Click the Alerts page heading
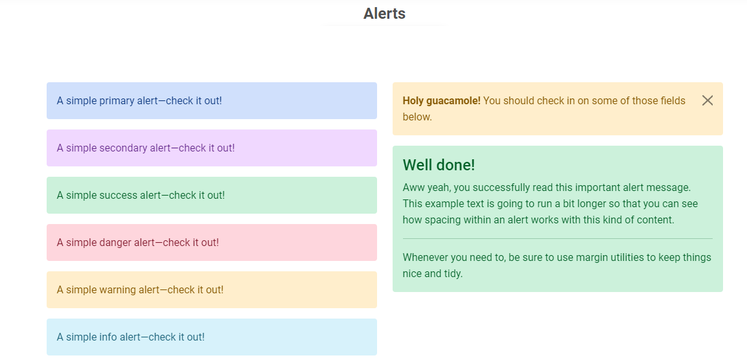click(x=384, y=14)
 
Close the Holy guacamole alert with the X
click(x=707, y=100)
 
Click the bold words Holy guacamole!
click(x=442, y=101)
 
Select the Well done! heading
click(x=439, y=165)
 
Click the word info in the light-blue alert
click(x=108, y=337)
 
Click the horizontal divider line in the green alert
click(x=557, y=238)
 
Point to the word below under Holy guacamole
click(x=417, y=117)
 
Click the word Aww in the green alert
click(x=411, y=186)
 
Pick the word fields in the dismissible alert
click(x=672, y=101)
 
